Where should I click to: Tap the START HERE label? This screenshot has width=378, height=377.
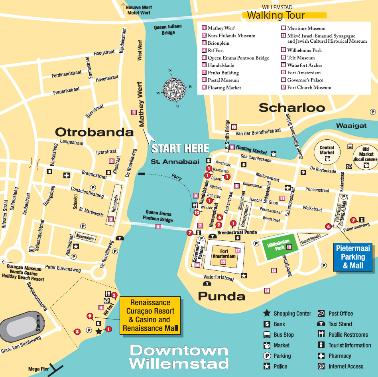(x=180, y=148)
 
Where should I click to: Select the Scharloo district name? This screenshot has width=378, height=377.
(x=292, y=107)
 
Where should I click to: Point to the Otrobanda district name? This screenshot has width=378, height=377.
(x=94, y=132)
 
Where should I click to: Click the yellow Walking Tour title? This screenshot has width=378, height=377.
(x=276, y=16)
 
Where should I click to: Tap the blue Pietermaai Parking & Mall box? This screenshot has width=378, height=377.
(x=353, y=257)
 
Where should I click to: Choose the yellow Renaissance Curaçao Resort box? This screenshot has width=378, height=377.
(x=151, y=315)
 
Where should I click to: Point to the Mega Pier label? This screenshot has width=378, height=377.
(x=39, y=369)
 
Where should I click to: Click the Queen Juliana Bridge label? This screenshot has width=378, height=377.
(x=168, y=30)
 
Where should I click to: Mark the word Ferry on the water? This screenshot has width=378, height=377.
(x=176, y=175)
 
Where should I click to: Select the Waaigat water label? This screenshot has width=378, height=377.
(x=351, y=125)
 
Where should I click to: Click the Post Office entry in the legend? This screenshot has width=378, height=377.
(x=340, y=314)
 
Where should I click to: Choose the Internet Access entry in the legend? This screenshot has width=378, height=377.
(x=345, y=366)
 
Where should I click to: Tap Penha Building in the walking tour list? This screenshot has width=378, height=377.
(x=223, y=73)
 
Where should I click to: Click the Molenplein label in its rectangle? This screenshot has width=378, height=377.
(x=84, y=236)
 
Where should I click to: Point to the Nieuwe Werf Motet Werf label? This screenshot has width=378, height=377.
(x=138, y=10)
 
